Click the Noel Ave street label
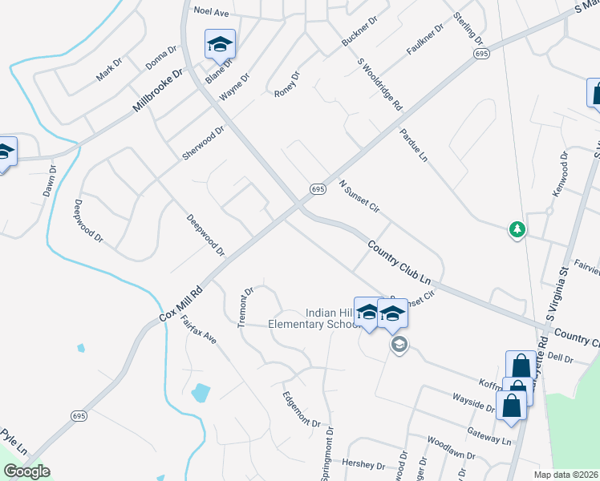212,13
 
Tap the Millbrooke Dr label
159,89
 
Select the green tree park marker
517,230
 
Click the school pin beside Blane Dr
219,45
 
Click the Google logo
26,471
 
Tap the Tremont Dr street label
245,307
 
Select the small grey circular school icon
399,345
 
